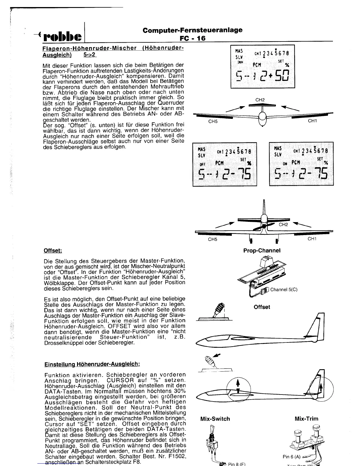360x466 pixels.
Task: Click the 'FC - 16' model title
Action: click(193, 38)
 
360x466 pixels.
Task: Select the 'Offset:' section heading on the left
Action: click(53, 250)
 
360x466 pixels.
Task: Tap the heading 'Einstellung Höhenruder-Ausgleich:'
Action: click(92, 364)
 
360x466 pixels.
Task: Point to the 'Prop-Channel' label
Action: click(262, 250)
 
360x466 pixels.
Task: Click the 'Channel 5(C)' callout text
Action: click(284, 289)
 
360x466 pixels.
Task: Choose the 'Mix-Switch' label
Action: click(215, 419)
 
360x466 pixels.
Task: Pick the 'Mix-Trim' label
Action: click(306, 419)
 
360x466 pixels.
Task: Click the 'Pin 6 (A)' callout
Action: click(291, 457)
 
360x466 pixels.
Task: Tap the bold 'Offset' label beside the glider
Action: click(262, 307)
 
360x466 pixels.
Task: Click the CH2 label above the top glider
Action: click(260, 100)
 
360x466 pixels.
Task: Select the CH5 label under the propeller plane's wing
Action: click(212, 239)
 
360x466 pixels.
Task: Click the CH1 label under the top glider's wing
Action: click(312, 121)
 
